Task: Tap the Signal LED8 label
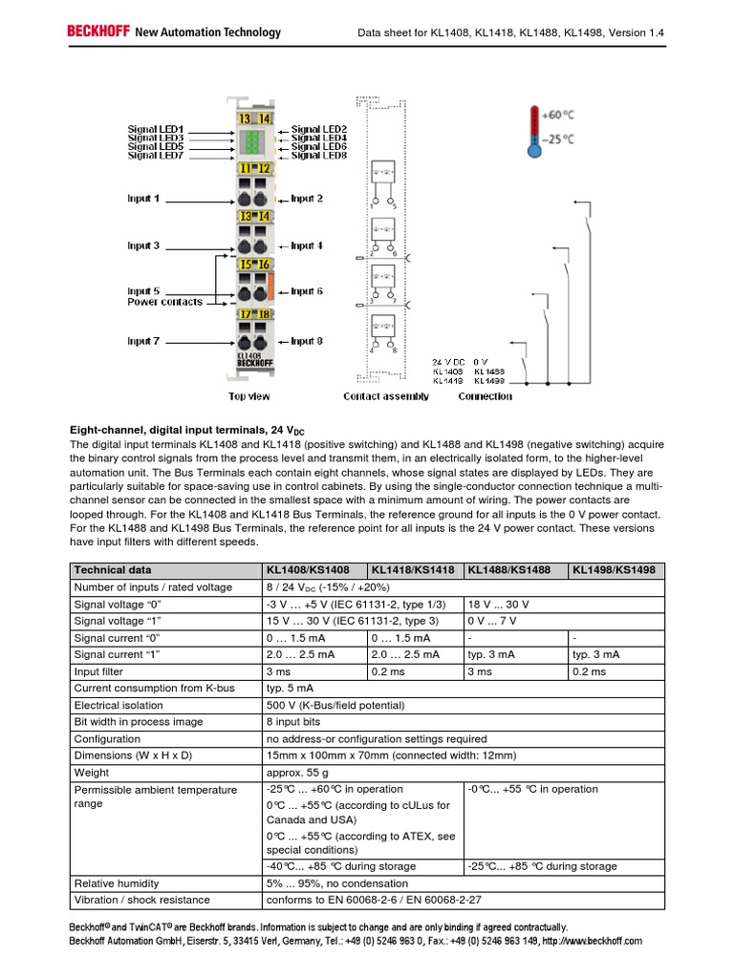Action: tap(319, 155)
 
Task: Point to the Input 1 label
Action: tap(144, 199)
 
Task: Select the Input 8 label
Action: tap(307, 341)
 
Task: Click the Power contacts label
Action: tap(165, 302)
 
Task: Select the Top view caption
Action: tap(248, 396)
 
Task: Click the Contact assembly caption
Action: tap(385, 396)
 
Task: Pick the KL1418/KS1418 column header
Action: tap(414, 570)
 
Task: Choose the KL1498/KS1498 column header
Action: tap(614, 570)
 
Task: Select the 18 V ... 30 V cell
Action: tap(497, 605)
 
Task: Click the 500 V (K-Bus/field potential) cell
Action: tap(337, 705)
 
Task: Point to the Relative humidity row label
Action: tap(115, 882)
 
